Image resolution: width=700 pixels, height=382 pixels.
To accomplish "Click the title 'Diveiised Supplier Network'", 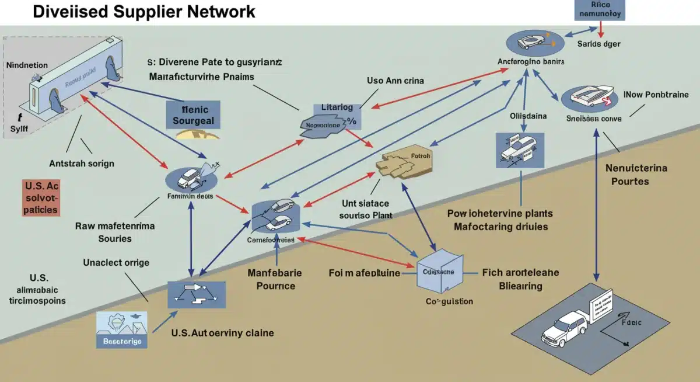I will pos(144,11).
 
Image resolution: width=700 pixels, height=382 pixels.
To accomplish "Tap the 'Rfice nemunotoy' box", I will pos(600,10).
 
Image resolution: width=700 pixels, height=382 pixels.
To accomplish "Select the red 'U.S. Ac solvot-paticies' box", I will pos(41,198).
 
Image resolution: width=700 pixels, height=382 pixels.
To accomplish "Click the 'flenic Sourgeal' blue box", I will pos(193,114).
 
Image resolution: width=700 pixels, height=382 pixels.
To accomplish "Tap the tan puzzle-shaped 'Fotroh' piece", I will pos(402,164).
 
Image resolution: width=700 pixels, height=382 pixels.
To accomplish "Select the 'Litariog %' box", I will pos(338,116).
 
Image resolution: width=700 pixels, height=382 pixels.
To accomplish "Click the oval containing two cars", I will pos(276,215).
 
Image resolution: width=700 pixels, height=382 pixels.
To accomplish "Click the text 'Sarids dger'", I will pos(598,44).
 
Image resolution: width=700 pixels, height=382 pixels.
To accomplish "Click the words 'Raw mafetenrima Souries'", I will pos(115,232).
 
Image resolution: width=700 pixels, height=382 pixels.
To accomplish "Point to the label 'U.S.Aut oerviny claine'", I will pos(222,333).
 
